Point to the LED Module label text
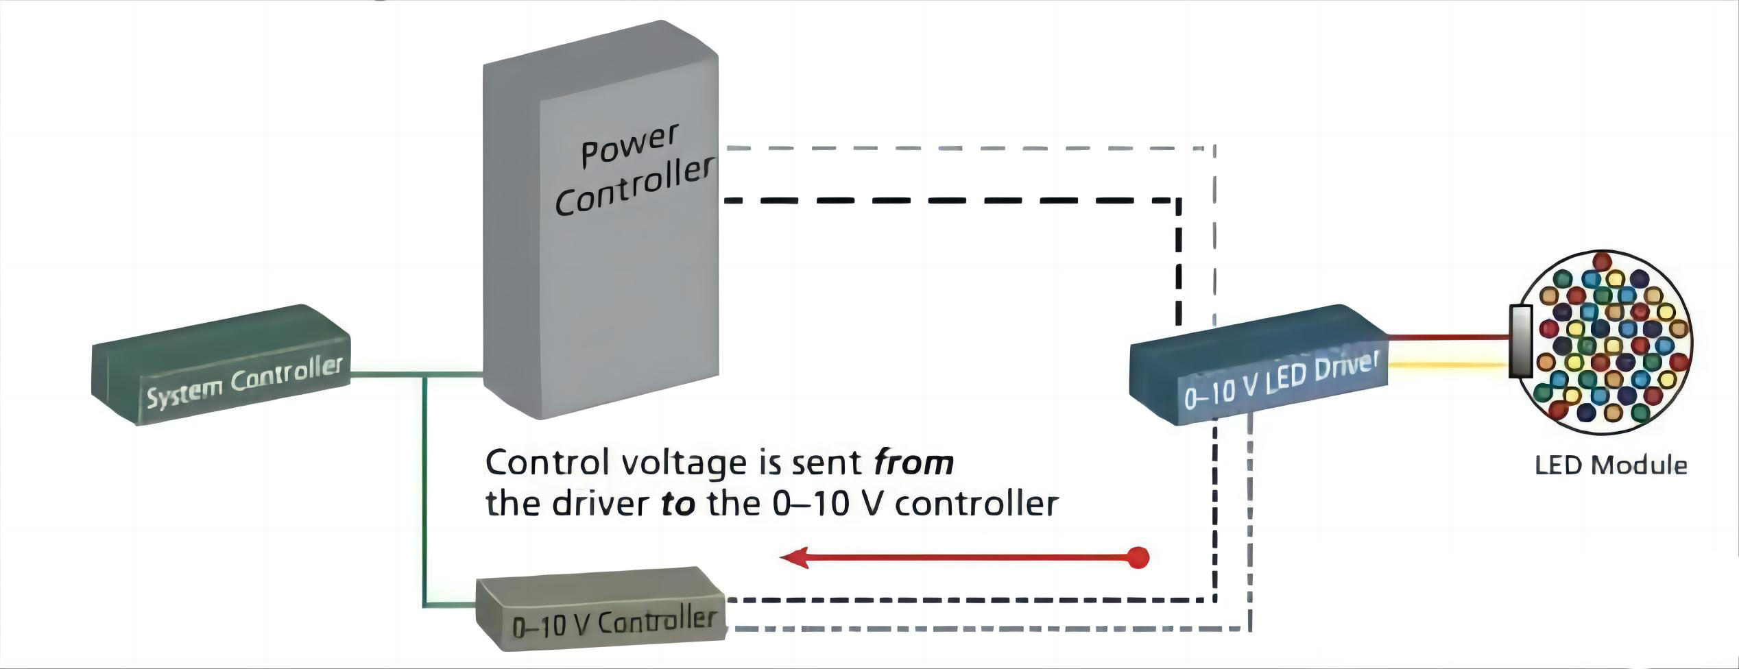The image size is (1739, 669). [x=1610, y=466]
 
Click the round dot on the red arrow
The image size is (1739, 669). [x=1138, y=558]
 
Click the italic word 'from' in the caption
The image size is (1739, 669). [x=913, y=463]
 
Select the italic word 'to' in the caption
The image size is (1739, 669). [x=677, y=504]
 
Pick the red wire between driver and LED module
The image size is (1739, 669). [x=1447, y=337]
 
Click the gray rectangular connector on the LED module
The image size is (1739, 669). [x=1520, y=341]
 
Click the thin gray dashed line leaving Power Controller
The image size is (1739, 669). [x=960, y=147]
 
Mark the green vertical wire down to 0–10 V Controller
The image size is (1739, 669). [x=426, y=494]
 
